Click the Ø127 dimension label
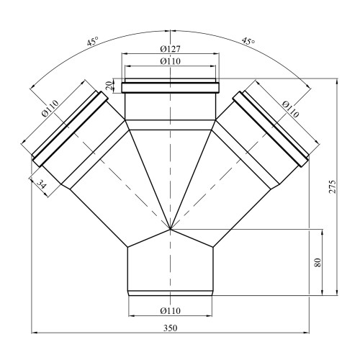click(x=170, y=49)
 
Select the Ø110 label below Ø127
click(x=170, y=61)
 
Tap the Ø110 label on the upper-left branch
click(x=50, y=108)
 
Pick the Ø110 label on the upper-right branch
click(x=291, y=109)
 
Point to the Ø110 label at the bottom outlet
click(x=170, y=311)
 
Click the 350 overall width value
click(x=171, y=328)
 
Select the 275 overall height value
click(x=333, y=186)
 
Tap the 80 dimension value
click(x=318, y=262)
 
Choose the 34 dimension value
click(x=41, y=184)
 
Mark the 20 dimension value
click(x=109, y=86)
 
